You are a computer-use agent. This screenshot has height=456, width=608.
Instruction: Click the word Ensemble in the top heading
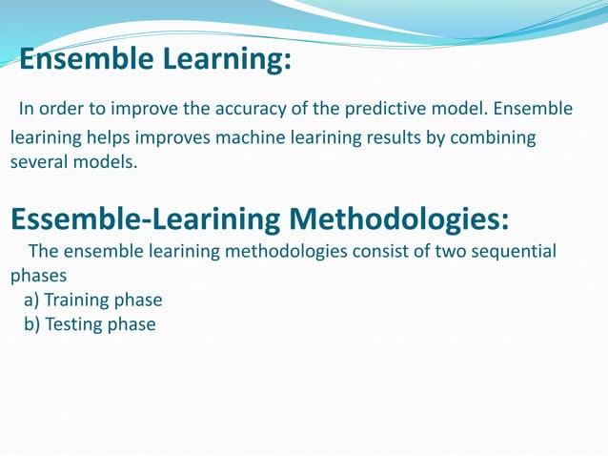pos(87,61)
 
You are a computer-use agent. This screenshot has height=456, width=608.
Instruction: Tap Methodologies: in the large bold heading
pos(399,218)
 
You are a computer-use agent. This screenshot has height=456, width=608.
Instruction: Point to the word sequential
pos(515,252)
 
